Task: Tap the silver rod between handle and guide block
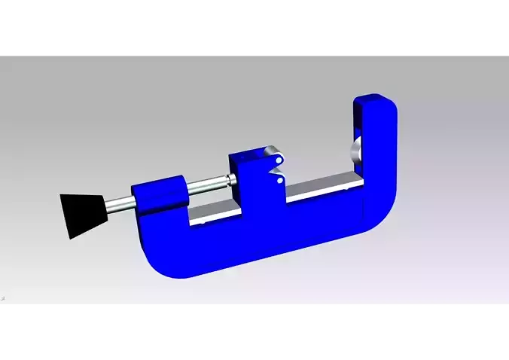[118, 202]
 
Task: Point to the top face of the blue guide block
[158, 183]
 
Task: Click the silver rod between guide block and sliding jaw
[207, 183]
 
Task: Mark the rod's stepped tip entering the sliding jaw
[231, 178]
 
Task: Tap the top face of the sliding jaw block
[251, 155]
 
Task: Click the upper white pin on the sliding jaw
[279, 160]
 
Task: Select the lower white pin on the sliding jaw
[279, 180]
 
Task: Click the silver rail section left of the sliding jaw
[215, 216]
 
